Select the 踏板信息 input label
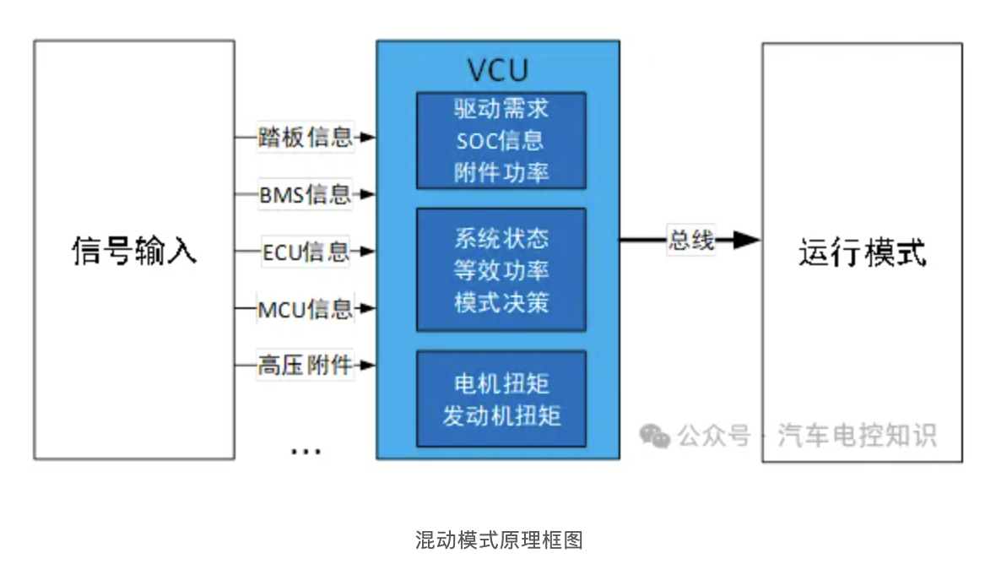click(305, 138)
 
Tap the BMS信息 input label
click(304, 195)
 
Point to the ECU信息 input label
click(306, 252)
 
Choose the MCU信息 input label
click(305, 309)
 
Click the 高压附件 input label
click(305, 366)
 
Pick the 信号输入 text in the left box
click(134, 251)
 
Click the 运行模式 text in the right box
click(862, 252)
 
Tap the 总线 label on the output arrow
click(691, 241)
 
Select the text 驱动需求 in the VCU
click(501, 109)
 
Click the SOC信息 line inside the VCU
click(501, 140)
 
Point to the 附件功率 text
click(501, 172)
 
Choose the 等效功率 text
click(501, 270)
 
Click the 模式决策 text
click(501, 302)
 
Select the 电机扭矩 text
click(501, 383)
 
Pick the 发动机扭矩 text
click(501, 415)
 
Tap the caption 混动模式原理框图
click(498, 540)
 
